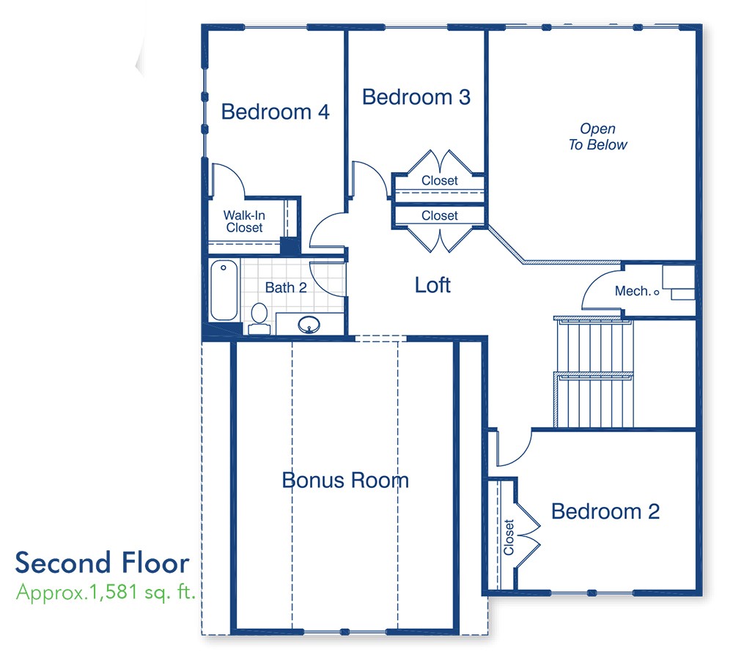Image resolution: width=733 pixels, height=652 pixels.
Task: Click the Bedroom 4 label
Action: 275,112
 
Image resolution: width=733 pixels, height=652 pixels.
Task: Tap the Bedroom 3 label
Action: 416,97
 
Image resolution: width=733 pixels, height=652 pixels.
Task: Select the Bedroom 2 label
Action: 605,511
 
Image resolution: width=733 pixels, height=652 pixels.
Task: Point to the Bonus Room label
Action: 345,481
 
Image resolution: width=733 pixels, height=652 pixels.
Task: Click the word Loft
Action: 432,285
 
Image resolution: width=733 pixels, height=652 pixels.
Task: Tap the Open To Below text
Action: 597,137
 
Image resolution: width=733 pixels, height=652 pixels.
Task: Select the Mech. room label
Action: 633,292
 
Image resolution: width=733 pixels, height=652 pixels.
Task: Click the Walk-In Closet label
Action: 243,221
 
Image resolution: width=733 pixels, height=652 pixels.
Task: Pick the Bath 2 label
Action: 286,287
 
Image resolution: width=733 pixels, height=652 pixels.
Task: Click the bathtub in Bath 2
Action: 224,290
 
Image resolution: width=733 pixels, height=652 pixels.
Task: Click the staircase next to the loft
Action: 592,371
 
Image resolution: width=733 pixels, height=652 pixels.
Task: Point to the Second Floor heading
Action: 102,563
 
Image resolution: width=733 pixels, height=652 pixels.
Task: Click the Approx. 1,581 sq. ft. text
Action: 106,592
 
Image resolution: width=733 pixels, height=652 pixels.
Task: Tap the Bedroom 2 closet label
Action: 509,537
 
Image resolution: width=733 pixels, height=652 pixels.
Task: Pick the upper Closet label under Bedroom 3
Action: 439,180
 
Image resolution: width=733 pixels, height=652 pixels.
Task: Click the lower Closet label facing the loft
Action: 439,216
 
